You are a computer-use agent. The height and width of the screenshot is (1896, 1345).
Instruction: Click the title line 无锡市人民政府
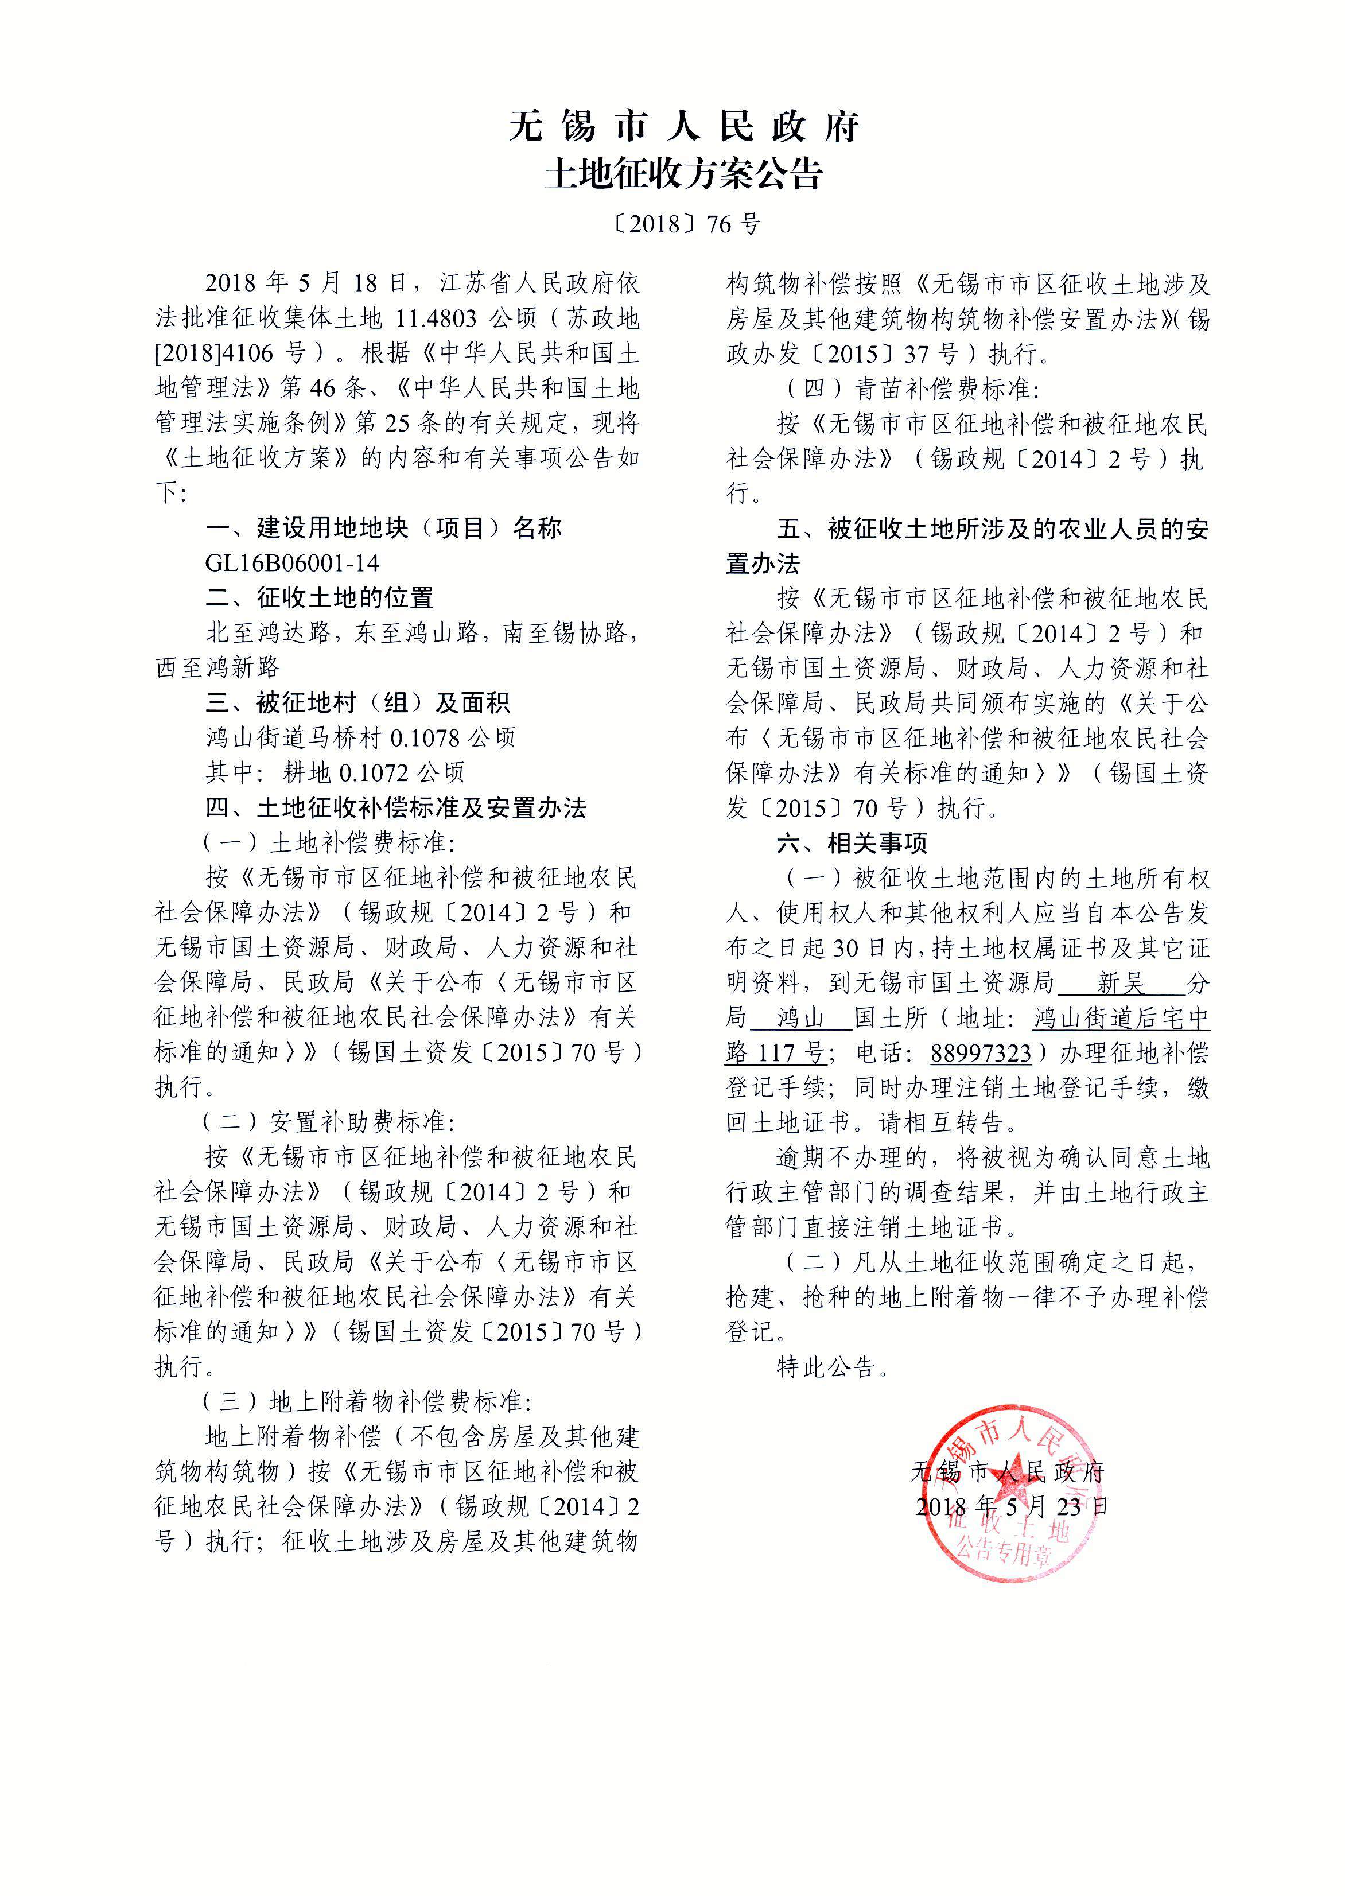(x=683, y=127)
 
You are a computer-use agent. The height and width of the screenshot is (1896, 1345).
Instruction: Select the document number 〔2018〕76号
(x=683, y=224)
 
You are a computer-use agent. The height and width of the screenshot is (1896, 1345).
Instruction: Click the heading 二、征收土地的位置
(x=320, y=598)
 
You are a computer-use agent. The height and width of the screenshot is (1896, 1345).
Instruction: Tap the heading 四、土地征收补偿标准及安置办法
(x=396, y=807)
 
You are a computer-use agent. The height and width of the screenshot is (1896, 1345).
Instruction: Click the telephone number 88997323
(x=981, y=1054)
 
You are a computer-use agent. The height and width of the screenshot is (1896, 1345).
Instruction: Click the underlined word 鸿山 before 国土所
(x=800, y=1018)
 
